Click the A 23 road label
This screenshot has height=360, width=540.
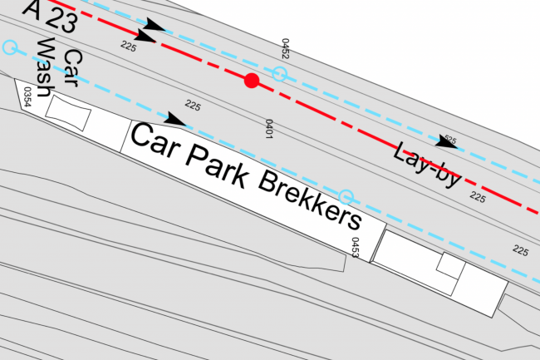tap(50, 16)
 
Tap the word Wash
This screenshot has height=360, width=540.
tap(45, 67)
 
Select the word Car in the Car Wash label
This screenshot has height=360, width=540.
tap(72, 68)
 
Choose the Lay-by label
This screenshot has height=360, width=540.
tap(427, 165)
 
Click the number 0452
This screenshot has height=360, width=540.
tap(285, 48)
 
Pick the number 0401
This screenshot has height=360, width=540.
tap(269, 129)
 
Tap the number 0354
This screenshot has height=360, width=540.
tap(27, 96)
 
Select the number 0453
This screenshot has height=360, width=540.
tap(355, 248)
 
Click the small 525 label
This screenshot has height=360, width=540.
tap(450, 140)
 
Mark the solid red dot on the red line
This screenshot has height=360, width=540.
tap(252, 81)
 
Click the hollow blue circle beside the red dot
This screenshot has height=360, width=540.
tap(279, 74)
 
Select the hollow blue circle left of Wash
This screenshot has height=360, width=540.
tap(10, 47)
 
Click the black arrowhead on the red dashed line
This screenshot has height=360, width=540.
tap(146, 37)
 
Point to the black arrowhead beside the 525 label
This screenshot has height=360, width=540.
tap(446, 142)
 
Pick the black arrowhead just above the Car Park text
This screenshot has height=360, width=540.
tap(175, 119)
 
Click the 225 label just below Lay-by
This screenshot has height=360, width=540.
tap(478, 197)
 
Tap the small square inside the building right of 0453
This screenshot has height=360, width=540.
tap(451, 265)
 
